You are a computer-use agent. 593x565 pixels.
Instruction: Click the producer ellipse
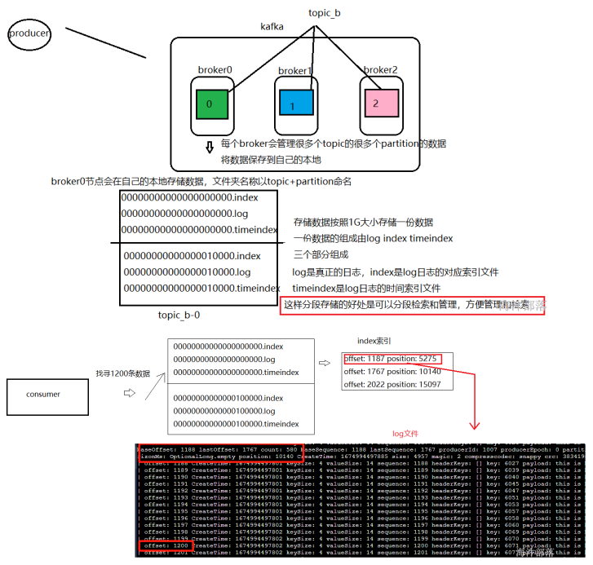(29, 34)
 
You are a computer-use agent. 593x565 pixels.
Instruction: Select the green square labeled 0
(210, 104)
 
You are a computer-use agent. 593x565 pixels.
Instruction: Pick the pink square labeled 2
(376, 104)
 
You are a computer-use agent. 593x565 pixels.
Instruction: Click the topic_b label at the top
(325, 13)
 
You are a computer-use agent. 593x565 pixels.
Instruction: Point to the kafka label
(272, 27)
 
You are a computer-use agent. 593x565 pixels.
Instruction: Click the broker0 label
(215, 70)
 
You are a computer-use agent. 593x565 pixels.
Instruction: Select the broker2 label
(381, 70)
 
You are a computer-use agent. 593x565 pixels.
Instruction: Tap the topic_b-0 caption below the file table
(179, 315)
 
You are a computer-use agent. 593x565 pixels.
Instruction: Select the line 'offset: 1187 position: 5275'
(392, 358)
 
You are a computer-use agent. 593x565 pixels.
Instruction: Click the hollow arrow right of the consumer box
(128, 393)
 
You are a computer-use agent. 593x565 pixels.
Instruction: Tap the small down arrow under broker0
(209, 147)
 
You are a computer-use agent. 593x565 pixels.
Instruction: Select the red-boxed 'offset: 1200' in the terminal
(165, 545)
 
